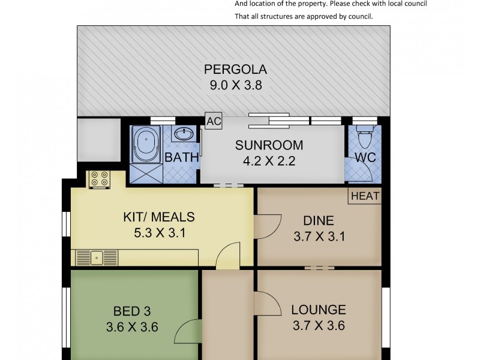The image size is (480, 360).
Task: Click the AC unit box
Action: click(x=214, y=121)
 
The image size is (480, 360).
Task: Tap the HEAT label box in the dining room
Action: click(x=365, y=196)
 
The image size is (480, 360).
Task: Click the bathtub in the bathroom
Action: click(x=146, y=144)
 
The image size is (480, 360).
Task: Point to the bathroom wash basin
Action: click(x=184, y=133)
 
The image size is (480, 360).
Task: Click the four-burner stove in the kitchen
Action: click(x=100, y=179)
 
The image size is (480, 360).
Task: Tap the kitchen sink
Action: click(x=97, y=258)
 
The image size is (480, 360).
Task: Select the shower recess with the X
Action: click(x=146, y=173)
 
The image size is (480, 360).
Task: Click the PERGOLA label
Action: click(x=235, y=69)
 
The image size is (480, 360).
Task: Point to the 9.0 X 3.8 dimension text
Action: click(x=236, y=85)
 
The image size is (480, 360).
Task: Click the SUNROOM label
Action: click(x=269, y=145)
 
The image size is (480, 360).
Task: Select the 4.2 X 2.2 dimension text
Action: click(x=269, y=161)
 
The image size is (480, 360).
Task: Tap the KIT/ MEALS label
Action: click(x=159, y=217)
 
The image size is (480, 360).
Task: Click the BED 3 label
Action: click(x=132, y=311)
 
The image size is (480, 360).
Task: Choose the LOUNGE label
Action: click(x=319, y=310)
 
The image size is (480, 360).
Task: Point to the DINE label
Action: click(x=319, y=221)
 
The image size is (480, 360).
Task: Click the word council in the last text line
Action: click(x=361, y=17)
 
